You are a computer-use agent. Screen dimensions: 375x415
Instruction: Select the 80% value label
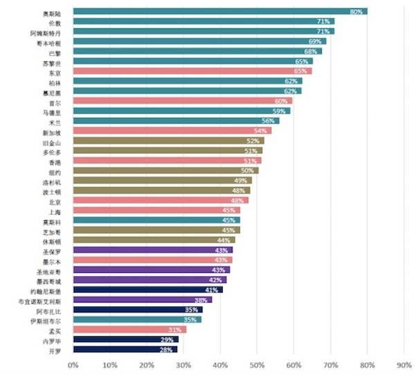(x=357, y=12)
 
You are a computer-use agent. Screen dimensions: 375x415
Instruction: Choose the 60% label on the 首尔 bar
(x=281, y=102)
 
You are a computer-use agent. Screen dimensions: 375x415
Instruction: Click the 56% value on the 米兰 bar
(x=270, y=122)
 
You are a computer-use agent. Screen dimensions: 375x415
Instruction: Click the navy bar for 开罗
(x=121, y=350)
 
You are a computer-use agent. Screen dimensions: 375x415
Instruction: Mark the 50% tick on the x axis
(x=257, y=364)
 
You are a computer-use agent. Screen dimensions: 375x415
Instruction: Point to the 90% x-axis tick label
(x=404, y=364)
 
